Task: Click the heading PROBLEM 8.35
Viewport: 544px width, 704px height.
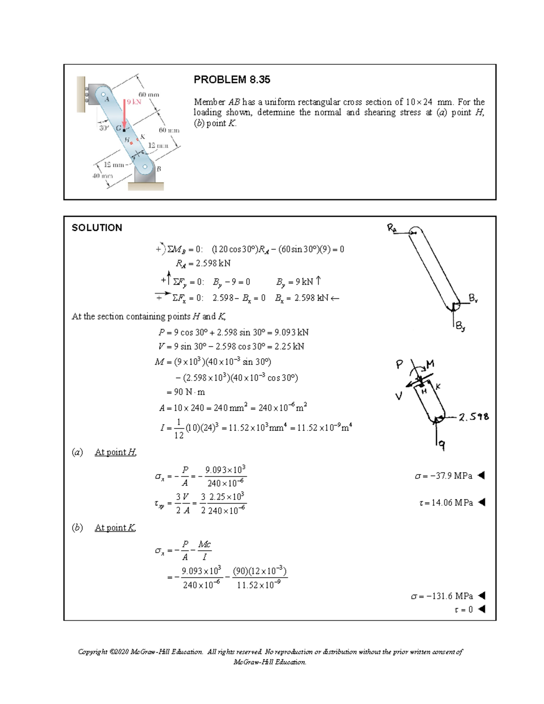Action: pos(232,80)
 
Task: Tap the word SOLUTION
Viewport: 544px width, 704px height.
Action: pos(97,228)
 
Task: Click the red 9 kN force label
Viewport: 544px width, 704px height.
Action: pos(134,102)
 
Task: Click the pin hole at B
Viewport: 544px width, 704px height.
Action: pos(145,167)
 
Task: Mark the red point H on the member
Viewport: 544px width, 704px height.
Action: pos(132,143)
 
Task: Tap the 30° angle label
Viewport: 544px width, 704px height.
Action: pos(104,128)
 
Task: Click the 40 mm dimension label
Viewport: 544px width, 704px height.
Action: pos(102,175)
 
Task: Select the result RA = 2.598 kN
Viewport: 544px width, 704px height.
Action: pos(203,263)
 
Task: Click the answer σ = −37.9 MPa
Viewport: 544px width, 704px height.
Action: pos(444,476)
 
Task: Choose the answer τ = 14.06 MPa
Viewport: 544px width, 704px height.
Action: pos(446,502)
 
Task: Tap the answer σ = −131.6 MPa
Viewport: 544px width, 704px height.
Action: pos(442,596)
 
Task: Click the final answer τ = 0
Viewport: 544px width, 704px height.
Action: pos(463,610)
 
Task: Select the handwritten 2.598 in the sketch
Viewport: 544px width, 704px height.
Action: pos(474,417)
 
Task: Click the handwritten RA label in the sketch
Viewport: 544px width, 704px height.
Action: pos(392,228)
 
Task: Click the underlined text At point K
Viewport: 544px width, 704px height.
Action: pos(115,528)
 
